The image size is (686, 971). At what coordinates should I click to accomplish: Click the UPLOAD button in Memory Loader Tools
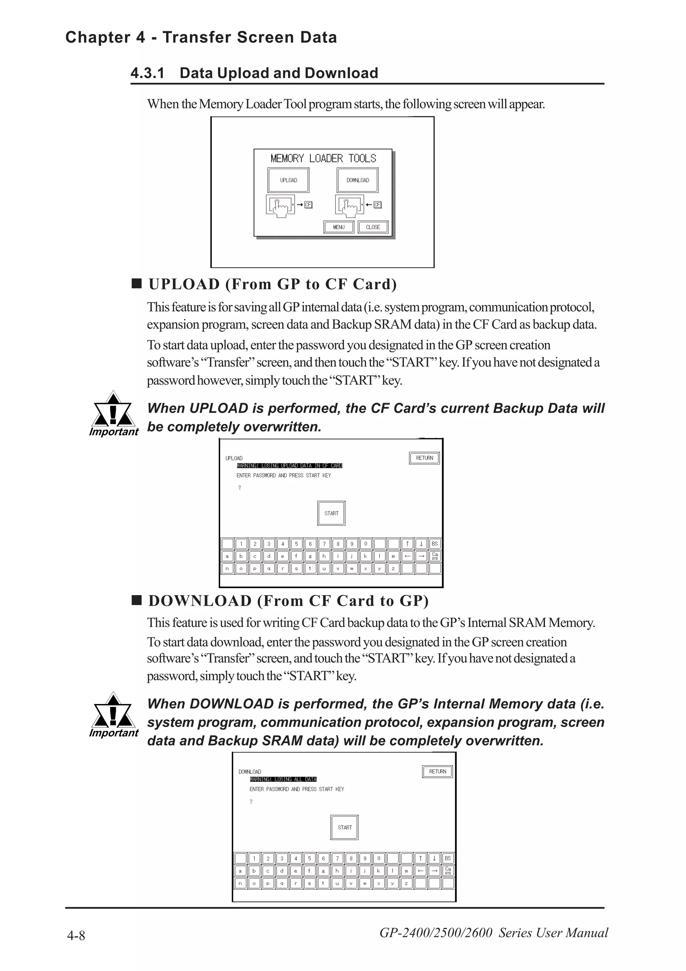tap(288, 180)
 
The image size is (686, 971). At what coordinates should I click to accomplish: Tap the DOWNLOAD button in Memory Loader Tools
tap(358, 180)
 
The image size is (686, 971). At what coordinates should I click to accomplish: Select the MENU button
tap(339, 227)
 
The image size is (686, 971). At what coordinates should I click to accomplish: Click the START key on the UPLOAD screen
tap(331, 513)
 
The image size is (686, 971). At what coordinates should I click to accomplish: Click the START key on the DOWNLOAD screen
tap(344, 827)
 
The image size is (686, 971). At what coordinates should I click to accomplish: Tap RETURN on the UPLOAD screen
tap(424, 458)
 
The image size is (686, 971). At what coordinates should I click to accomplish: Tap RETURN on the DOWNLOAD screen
tap(437, 771)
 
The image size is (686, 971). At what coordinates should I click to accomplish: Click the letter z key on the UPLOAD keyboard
tap(393, 568)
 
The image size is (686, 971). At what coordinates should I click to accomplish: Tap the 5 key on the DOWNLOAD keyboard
tap(310, 858)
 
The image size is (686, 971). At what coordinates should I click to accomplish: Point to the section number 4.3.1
tap(147, 73)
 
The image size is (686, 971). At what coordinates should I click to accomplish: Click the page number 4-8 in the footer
tap(76, 936)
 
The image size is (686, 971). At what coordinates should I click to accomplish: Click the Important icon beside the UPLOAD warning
tap(113, 413)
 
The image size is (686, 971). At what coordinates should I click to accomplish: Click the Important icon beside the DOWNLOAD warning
tap(113, 714)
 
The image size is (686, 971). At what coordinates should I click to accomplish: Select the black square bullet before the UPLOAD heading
tap(137, 283)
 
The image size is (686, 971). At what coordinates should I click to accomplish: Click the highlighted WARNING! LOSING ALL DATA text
tap(283, 779)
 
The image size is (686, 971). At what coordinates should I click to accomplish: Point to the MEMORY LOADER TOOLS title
tap(323, 158)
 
